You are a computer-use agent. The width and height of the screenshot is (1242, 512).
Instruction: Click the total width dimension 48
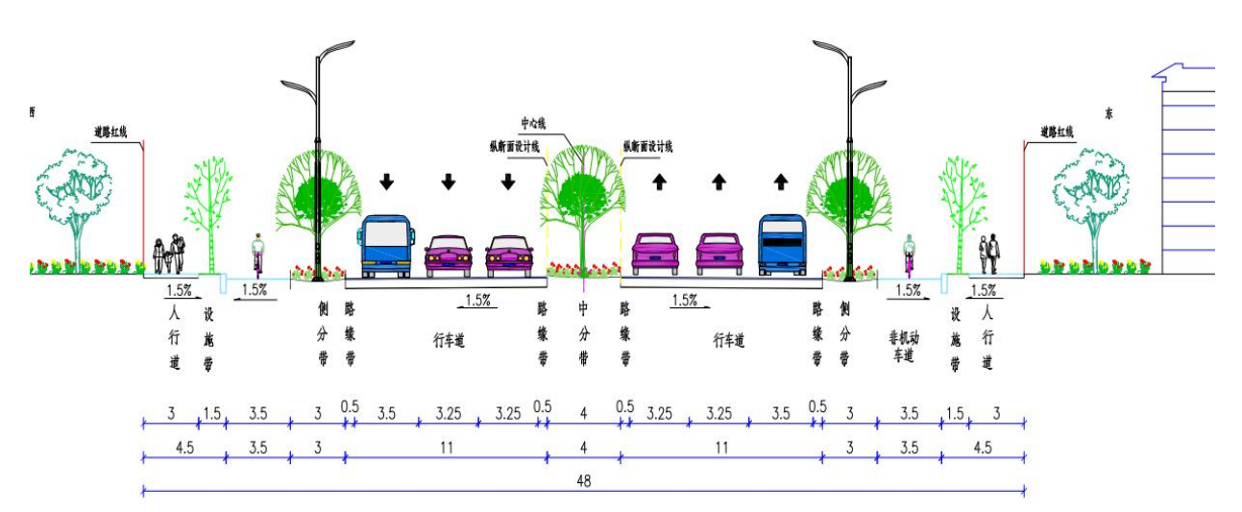[x=583, y=480]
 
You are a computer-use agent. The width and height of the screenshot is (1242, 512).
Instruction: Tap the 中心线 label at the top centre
[x=533, y=124]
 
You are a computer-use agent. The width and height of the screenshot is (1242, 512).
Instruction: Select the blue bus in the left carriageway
[x=387, y=247]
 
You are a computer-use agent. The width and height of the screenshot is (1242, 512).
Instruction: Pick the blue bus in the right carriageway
[x=781, y=246]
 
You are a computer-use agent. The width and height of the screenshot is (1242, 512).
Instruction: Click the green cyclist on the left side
[x=257, y=256]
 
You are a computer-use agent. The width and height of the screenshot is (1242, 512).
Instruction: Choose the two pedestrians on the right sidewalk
[x=989, y=256]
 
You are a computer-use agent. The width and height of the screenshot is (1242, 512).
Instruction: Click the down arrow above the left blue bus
[x=386, y=181]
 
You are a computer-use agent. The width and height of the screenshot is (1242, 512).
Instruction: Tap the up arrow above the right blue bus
[x=781, y=180]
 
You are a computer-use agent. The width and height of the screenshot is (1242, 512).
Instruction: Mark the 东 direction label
[x=1108, y=113]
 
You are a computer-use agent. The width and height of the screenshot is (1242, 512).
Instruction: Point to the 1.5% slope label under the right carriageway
[x=684, y=300]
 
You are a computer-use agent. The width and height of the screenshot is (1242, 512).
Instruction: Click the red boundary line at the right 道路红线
[x=1025, y=207]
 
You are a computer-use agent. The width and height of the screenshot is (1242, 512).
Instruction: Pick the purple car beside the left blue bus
[x=449, y=256]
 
